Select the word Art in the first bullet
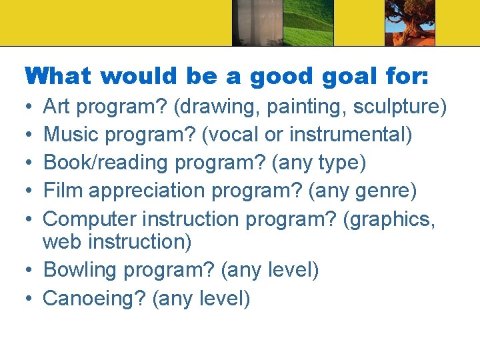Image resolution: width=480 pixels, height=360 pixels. click(57, 107)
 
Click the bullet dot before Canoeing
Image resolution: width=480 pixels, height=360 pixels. click(31, 298)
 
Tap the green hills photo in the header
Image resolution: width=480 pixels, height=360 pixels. click(307, 23)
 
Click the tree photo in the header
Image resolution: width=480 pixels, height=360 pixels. click(410, 23)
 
